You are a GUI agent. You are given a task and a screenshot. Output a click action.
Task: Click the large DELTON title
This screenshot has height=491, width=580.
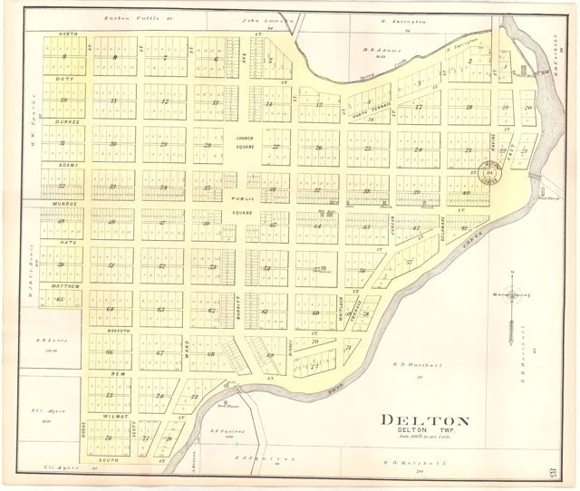[x=423, y=419]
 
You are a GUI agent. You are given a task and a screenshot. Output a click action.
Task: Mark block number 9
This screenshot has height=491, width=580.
[x=63, y=58]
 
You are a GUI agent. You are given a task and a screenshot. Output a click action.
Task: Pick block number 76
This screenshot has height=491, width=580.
[x=109, y=438]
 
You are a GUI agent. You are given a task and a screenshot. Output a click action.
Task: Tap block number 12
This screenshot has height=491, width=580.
[x=163, y=101]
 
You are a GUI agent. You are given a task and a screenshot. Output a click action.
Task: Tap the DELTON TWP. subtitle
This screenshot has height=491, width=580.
[x=422, y=432]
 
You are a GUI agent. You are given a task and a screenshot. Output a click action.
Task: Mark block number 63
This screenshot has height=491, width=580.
[x=161, y=310]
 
